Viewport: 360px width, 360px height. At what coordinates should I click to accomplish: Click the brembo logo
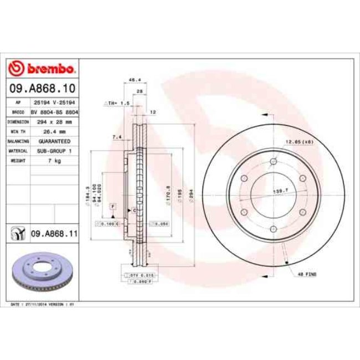[42, 69]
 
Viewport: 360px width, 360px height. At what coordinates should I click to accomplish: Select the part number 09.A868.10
[42, 88]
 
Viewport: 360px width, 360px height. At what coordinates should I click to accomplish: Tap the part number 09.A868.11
[53, 234]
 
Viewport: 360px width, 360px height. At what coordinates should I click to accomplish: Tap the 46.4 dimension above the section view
[133, 79]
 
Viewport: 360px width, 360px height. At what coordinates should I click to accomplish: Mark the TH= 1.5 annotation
[118, 103]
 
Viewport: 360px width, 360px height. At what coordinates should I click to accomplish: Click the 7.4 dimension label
[117, 137]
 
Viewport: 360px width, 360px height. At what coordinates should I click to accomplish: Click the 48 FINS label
[307, 274]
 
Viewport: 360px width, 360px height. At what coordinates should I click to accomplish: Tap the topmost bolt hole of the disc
[273, 162]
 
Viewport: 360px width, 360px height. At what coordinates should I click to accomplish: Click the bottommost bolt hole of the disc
[273, 229]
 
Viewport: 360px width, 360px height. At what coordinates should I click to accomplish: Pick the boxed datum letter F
[113, 205]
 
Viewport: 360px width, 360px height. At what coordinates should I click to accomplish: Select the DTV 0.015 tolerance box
[135, 274]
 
